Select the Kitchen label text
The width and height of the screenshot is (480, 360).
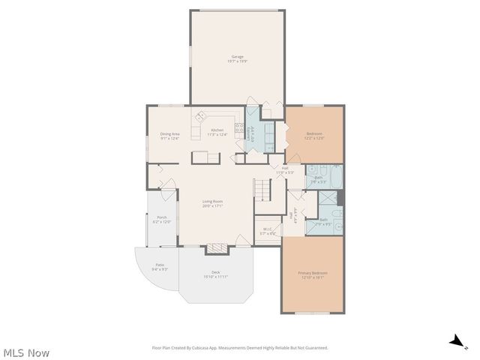click(217, 131)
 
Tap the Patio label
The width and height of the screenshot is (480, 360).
click(160, 265)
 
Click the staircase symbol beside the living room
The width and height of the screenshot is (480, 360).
click(261, 189)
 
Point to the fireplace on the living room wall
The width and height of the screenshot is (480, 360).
click(215, 247)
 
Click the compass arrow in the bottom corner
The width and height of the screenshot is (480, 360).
click(456, 341)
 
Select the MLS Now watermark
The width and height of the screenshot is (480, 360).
click(26, 352)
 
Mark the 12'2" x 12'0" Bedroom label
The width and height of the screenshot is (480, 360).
click(314, 135)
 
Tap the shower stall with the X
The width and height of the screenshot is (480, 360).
click(327, 199)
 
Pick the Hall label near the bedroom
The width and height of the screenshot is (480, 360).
click(284, 169)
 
